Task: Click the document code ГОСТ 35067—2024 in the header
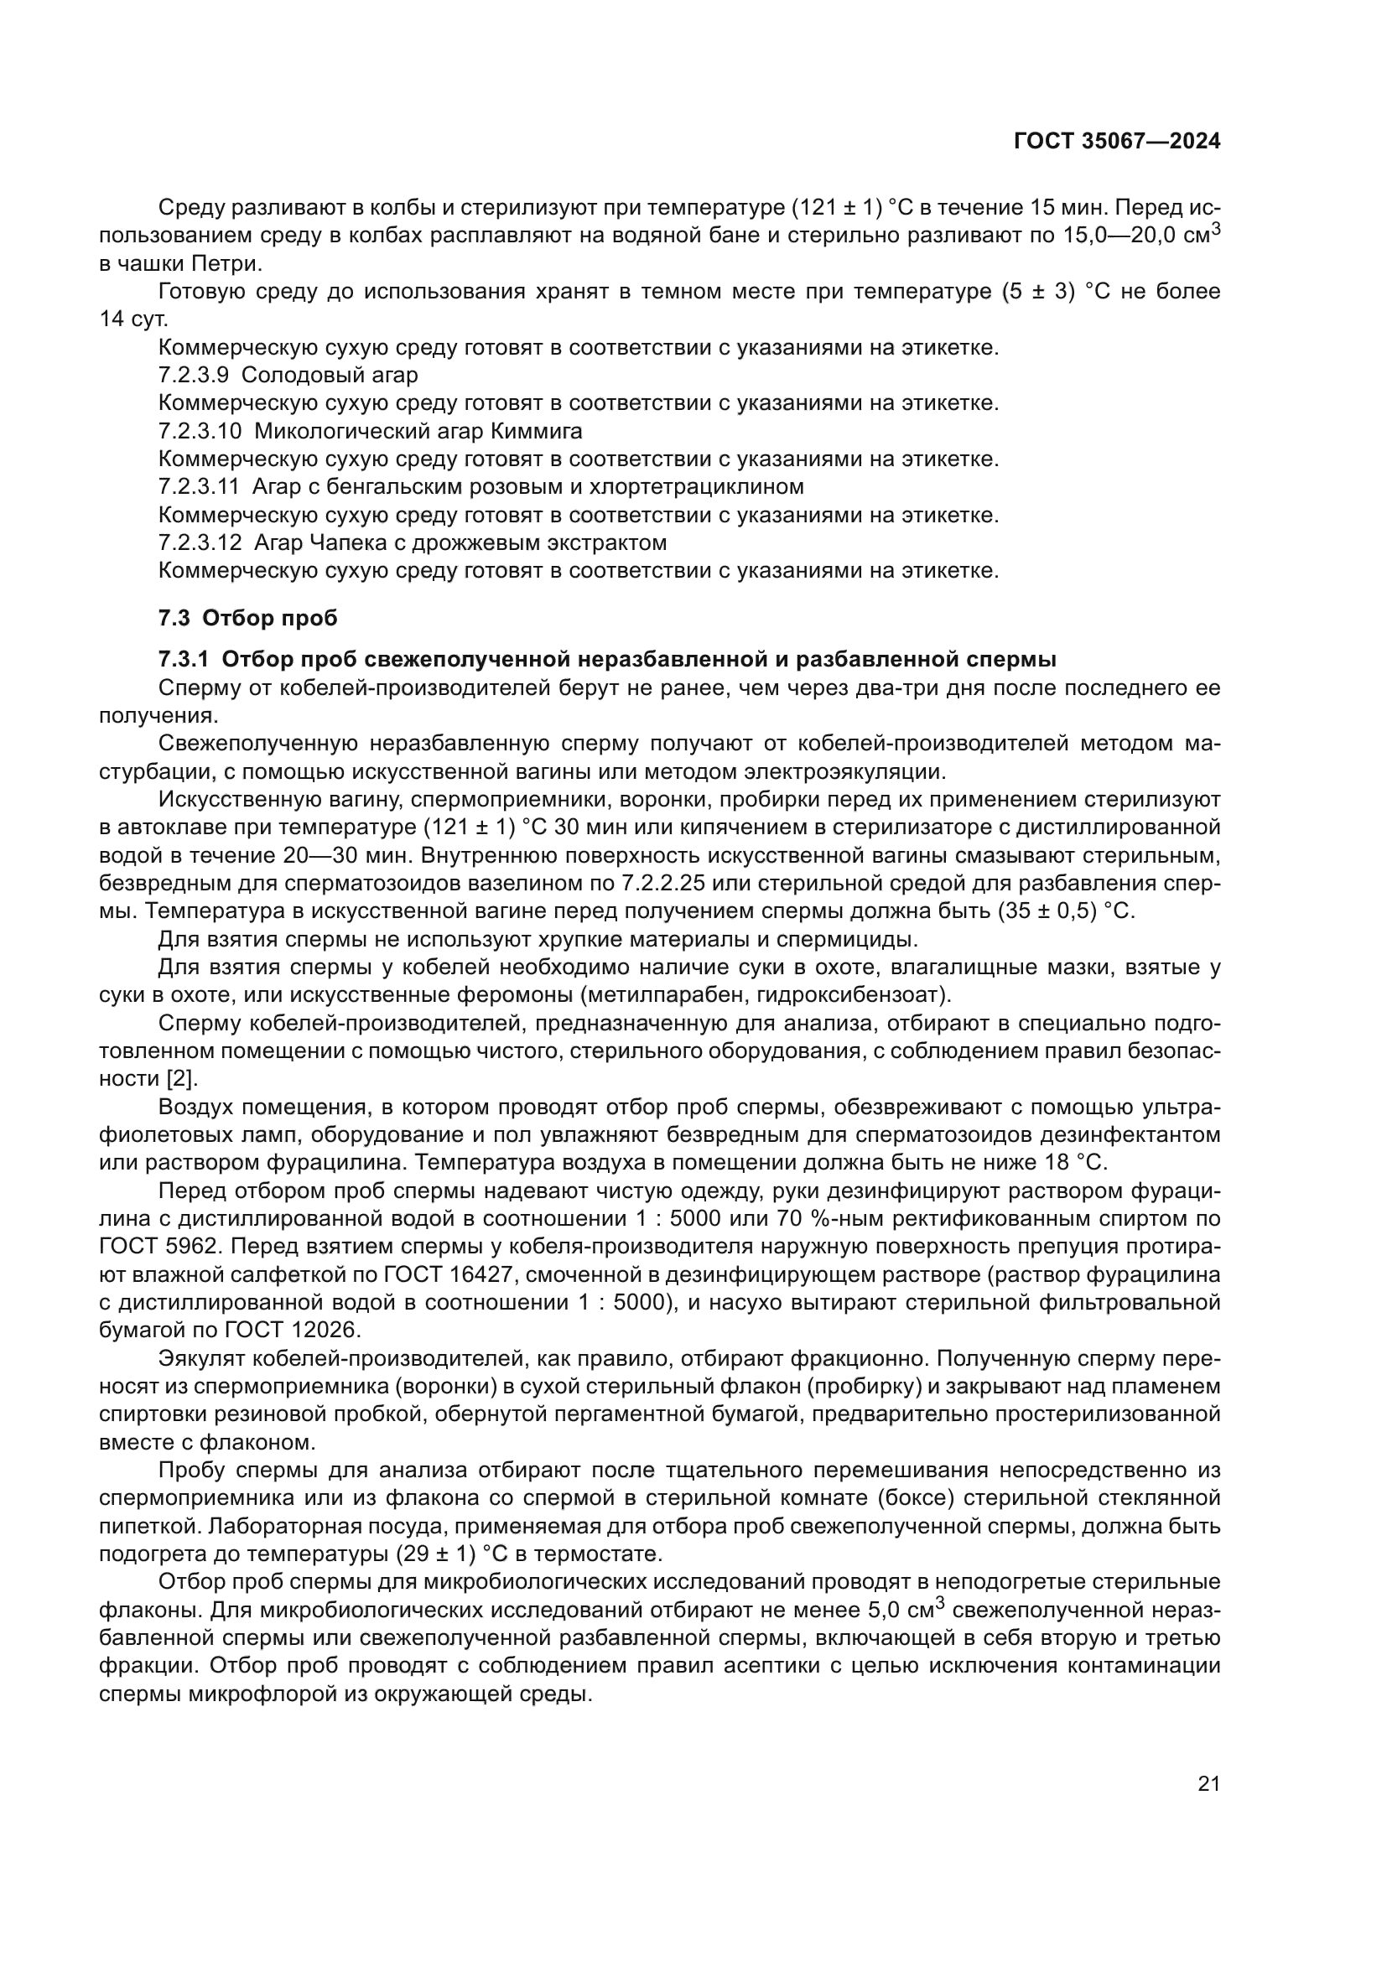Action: (1116, 142)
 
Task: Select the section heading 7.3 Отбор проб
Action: (247, 618)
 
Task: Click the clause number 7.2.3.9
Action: (193, 375)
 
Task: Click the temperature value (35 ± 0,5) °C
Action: (1065, 910)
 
